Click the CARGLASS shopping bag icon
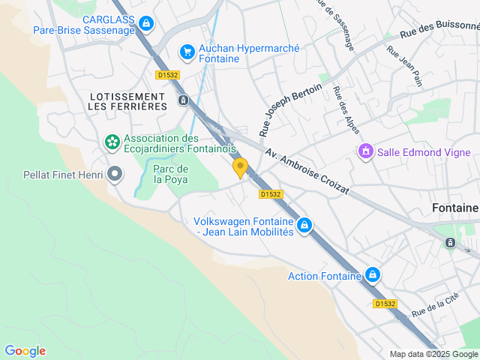[x=146, y=24]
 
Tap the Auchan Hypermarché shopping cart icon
[x=187, y=52]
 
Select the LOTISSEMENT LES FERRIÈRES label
[x=127, y=102]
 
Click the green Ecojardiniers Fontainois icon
[x=112, y=142]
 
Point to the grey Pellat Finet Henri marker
[x=115, y=175]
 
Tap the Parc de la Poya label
[x=171, y=174]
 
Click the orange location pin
[x=240, y=167]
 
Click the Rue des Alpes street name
[x=346, y=111]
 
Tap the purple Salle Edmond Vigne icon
[x=366, y=152]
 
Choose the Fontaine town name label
[x=455, y=208]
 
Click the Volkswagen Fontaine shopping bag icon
[x=304, y=225]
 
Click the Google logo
[x=25, y=351]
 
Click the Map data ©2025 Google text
[x=433, y=354]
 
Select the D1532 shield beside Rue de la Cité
[x=385, y=304]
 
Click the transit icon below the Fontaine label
[x=450, y=243]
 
